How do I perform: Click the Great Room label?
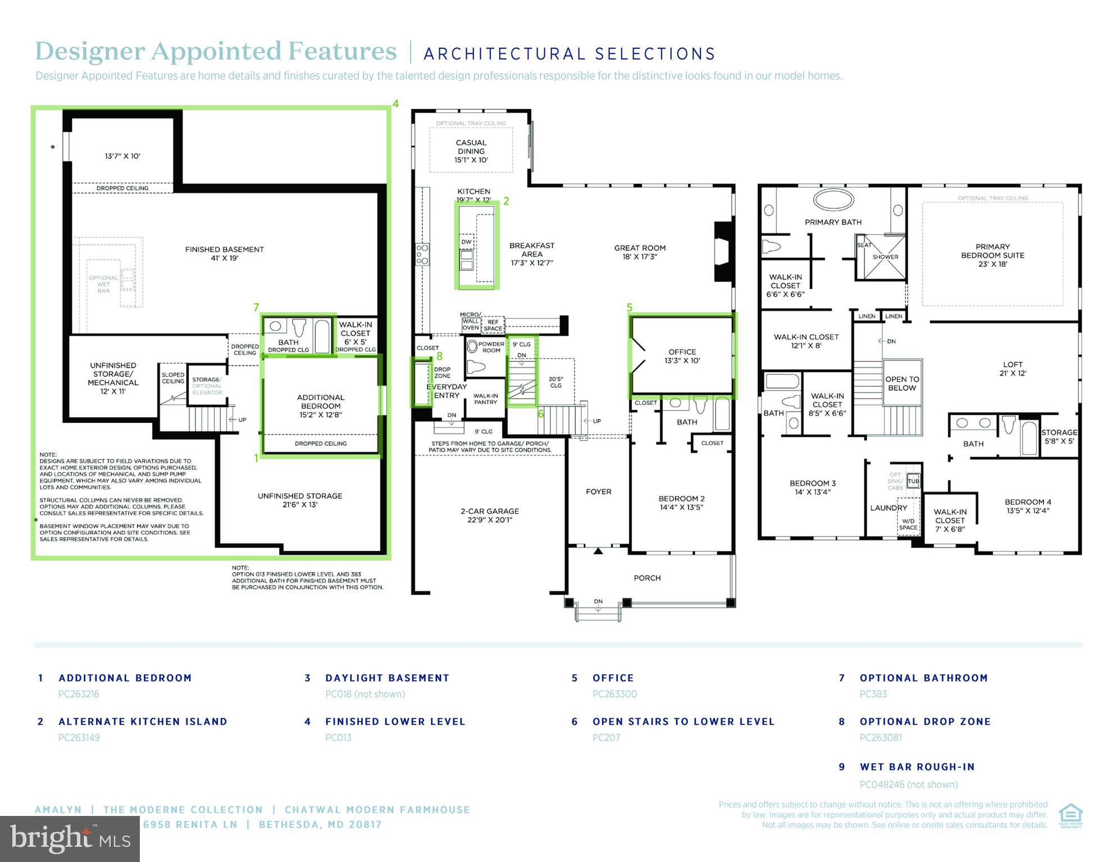640,252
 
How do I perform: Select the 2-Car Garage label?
489,515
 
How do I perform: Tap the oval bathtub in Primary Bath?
832,199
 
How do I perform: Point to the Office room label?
682,356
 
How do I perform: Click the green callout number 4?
395,104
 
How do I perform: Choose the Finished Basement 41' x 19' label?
224,254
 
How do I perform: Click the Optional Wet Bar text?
103,284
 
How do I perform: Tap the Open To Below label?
902,384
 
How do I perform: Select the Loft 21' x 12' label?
1012,368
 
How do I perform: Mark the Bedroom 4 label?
1027,506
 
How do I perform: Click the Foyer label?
598,491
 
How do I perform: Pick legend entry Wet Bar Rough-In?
917,767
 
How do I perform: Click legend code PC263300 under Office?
614,694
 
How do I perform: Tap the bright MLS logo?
70,838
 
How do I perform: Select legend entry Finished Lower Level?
395,722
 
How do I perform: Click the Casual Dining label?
471,151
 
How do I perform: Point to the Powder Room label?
491,347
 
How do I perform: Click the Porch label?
647,578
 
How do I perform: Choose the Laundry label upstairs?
889,508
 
